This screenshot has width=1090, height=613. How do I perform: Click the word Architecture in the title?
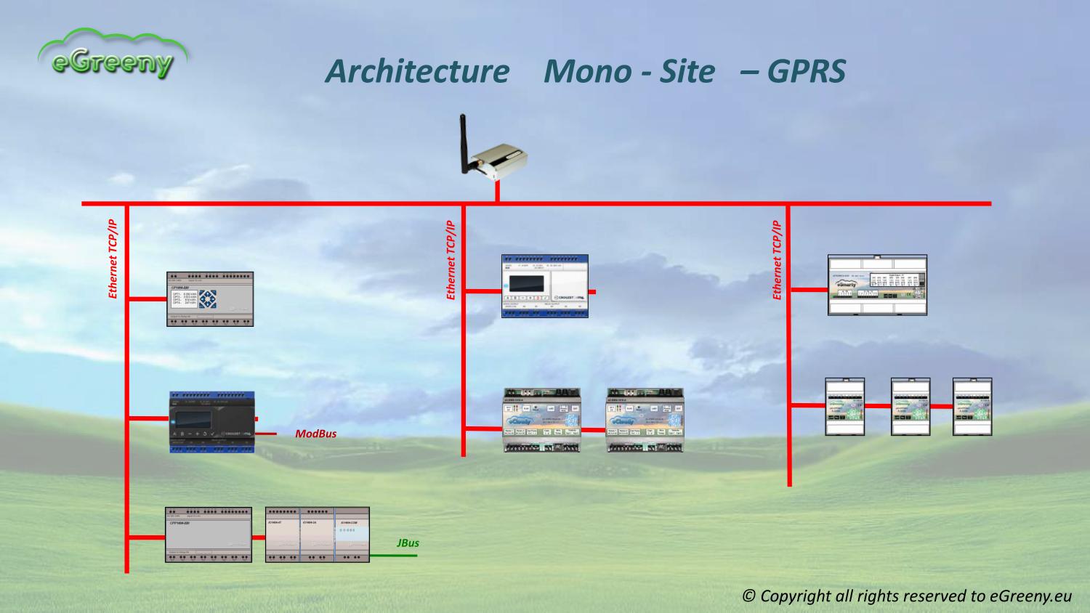(x=416, y=71)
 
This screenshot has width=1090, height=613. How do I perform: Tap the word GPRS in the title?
(x=807, y=71)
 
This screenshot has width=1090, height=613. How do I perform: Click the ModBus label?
(x=315, y=434)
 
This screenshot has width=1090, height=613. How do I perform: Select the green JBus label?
(x=408, y=543)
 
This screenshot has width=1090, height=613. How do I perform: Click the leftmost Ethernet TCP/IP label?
(x=113, y=259)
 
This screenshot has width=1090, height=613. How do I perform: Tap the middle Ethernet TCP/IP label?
(x=451, y=259)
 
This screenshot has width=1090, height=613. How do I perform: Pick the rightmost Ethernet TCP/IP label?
(x=777, y=259)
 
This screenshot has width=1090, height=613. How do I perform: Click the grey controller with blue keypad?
(x=210, y=299)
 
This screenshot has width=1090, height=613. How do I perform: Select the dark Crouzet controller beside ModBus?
(x=212, y=423)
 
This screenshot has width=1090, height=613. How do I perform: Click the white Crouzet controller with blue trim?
(x=544, y=285)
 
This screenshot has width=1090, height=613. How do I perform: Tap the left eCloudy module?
(x=542, y=420)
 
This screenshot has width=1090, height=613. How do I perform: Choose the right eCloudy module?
(x=645, y=420)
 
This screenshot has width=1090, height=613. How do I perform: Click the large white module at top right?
(x=877, y=285)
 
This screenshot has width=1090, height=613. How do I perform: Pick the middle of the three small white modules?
(x=911, y=406)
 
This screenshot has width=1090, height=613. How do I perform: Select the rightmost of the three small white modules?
(x=972, y=406)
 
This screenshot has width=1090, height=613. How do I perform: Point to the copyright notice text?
(x=907, y=596)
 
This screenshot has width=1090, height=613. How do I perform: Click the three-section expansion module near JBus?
(x=317, y=535)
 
